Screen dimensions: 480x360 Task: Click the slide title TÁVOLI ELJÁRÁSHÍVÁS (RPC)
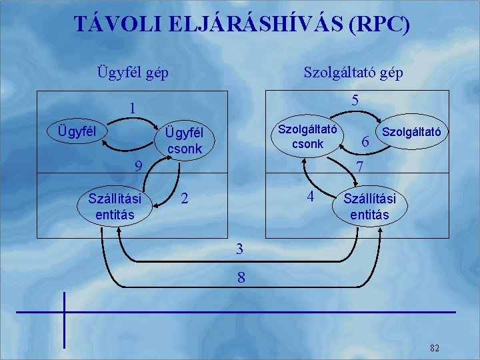click(242, 25)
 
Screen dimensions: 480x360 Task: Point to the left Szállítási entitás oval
click(115, 206)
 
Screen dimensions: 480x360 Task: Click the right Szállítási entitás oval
click(369, 206)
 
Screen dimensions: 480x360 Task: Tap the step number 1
click(133, 107)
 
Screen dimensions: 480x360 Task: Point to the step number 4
click(309, 197)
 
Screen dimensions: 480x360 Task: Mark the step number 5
click(355, 100)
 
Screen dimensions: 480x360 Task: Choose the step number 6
click(364, 141)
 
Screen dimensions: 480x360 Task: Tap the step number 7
click(359, 166)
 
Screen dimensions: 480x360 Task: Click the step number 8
click(240, 278)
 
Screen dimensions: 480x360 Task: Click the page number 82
click(435, 347)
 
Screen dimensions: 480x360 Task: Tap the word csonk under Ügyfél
click(185, 149)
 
